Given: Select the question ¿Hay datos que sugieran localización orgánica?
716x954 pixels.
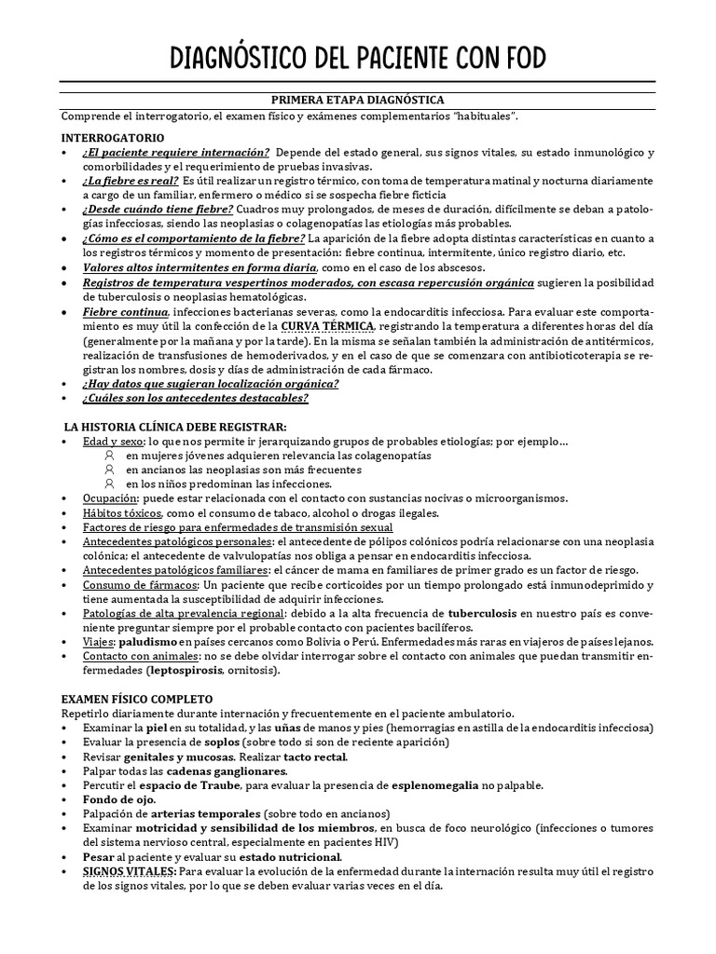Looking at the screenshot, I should click(211, 383).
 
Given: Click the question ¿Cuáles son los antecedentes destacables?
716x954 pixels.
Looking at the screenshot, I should click(196, 398).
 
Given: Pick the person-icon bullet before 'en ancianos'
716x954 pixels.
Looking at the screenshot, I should click(110, 470).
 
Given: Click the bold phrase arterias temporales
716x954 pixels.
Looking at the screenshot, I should click(200, 813).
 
